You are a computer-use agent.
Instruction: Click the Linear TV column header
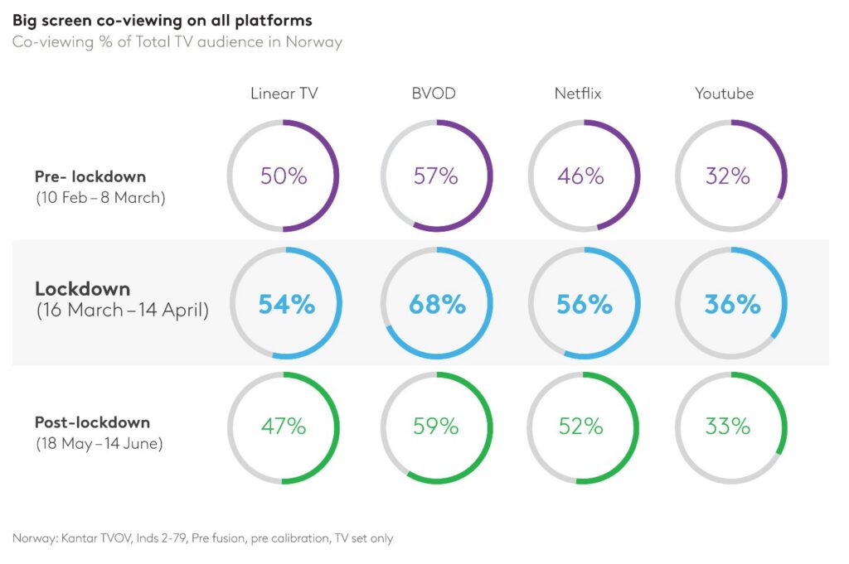(284, 94)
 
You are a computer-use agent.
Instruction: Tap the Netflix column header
(578, 94)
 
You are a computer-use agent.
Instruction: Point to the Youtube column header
(724, 94)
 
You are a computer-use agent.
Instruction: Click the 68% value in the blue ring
(437, 305)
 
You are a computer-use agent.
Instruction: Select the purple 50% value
(284, 176)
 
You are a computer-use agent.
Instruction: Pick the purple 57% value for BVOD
(436, 176)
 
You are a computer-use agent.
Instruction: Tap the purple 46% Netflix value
(581, 176)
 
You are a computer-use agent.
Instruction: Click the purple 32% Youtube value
(727, 176)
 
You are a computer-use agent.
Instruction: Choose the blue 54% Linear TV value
(286, 305)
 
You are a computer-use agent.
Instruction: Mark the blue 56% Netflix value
(584, 305)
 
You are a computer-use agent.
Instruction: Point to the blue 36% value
(732, 305)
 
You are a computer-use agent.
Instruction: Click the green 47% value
(284, 427)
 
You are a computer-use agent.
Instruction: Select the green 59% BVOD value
(436, 427)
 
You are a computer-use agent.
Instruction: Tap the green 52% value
(581, 427)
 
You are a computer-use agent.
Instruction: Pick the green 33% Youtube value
(727, 427)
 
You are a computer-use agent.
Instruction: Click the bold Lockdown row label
(82, 289)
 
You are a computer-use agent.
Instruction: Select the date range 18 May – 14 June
(99, 444)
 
